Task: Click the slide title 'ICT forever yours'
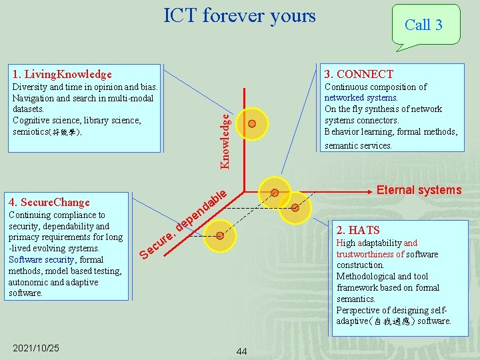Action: tap(239, 15)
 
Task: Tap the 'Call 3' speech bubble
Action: tap(423, 25)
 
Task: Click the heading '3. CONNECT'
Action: tap(359, 74)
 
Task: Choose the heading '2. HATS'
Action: tap(358, 230)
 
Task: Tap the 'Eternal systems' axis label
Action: tap(419, 191)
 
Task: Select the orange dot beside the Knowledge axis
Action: tap(252, 123)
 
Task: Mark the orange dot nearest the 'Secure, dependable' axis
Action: tap(220, 235)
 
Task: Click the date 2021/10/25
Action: tap(36, 348)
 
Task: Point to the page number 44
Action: tap(241, 351)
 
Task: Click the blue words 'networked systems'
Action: tap(361, 98)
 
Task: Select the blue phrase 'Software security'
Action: tap(41, 259)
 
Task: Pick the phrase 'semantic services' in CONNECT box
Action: tap(357, 145)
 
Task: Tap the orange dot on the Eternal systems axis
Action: tap(274, 193)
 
